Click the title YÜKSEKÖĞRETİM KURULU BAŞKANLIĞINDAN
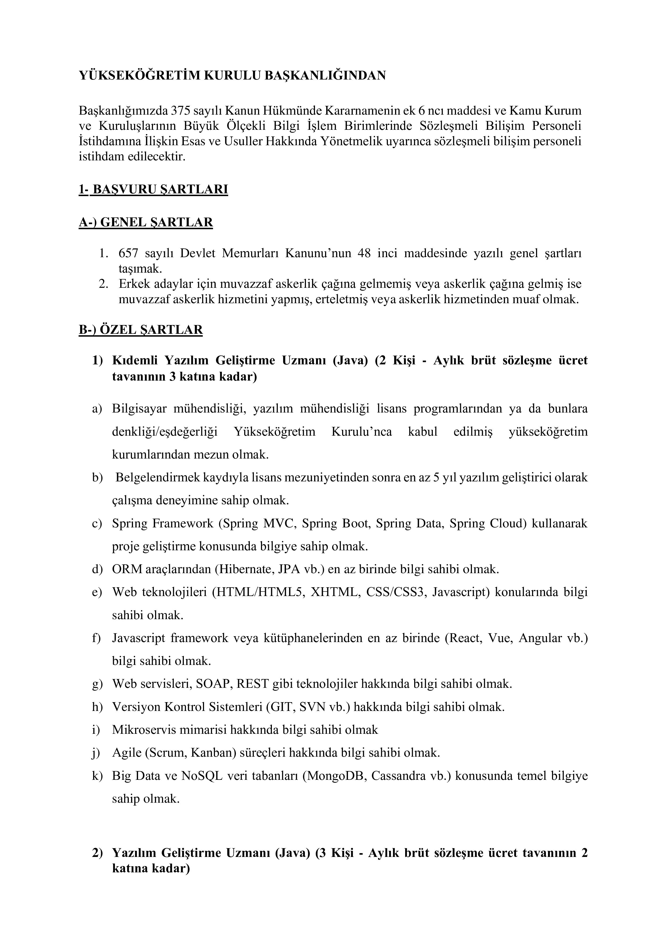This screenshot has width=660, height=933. click(x=232, y=76)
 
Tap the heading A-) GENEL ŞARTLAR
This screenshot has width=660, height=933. click(x=146, y=222)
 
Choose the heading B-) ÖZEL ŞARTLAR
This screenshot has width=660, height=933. click(x=141, y=329)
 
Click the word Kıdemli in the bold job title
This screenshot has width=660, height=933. click(x=135, y=360)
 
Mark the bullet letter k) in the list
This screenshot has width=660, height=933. click(x=97, y=776)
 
